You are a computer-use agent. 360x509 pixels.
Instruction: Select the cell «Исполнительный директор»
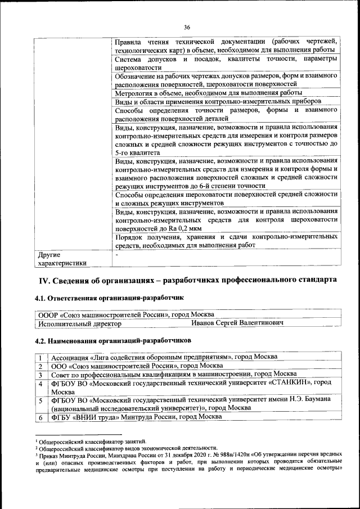(79, 323)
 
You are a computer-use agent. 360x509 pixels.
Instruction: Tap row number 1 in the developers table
(40, 357)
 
